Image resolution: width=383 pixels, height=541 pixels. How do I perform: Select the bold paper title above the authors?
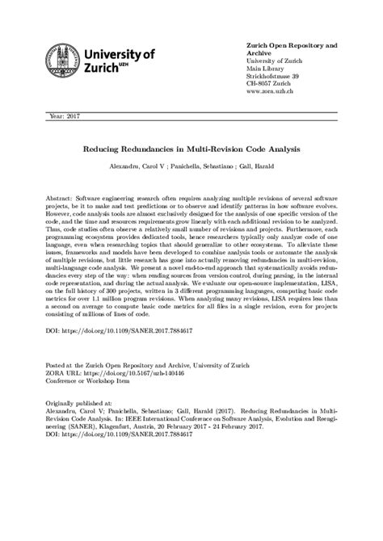tap(191, 150)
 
